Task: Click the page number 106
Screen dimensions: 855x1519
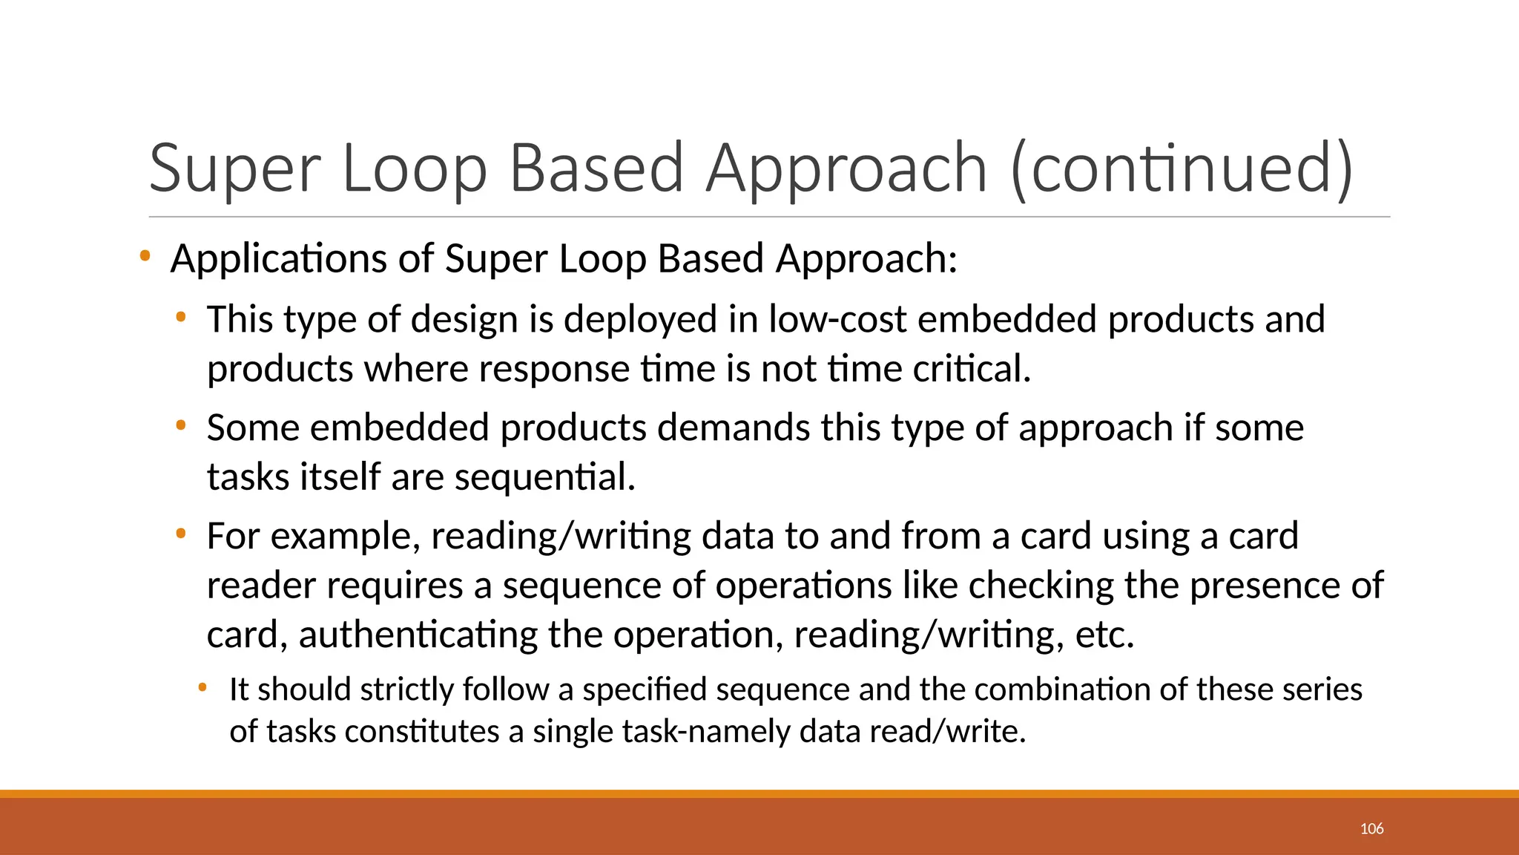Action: pyautogui.click(x=1371, y=829)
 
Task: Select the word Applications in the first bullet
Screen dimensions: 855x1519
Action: pyautogui.click(x=279, y=259)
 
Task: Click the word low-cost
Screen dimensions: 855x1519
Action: pyautogui.click(x=837, y=319)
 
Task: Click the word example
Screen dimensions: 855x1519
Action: pyautogui.click(x=346, y=536)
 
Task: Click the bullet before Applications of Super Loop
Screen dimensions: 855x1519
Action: pyautogui.click(x=145, y=257)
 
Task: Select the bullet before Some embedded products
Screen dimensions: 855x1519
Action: pyautogui.click(x=180, y=426)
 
